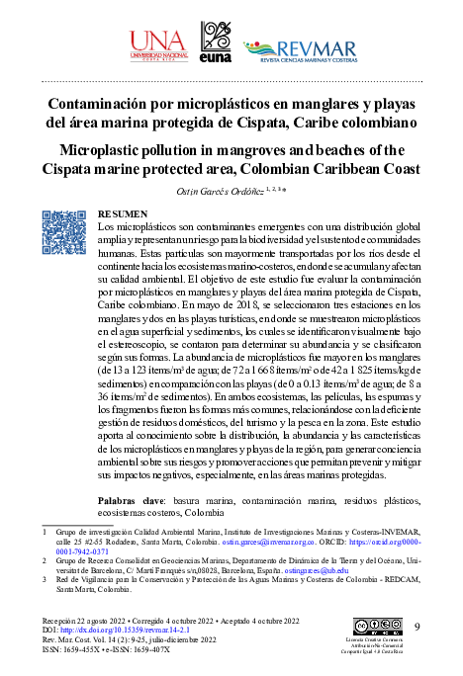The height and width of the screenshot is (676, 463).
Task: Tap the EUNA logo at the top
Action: (216, 43)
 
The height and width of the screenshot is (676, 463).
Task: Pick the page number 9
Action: (417, 628)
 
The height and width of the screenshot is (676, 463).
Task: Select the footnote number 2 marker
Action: (45, 558)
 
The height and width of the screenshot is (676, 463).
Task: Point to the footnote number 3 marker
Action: (45, 580)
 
